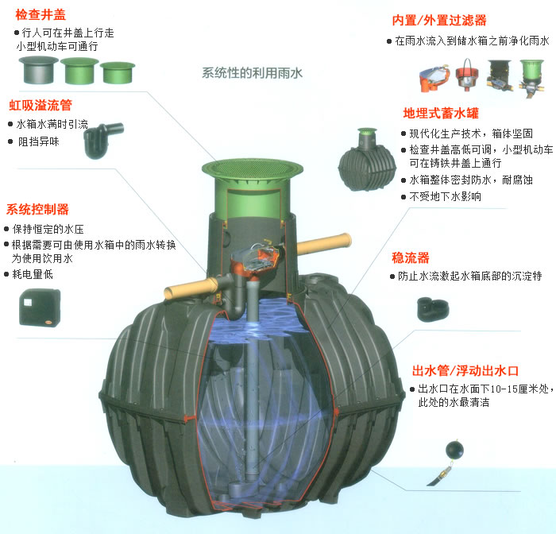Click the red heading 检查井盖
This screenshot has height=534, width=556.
coord(41,15)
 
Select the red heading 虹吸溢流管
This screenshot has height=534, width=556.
coord(41,105)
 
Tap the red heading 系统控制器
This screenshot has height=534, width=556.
coord(37,209)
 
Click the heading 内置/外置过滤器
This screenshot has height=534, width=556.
coord(439,20)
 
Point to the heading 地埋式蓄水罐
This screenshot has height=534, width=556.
coord(441,113)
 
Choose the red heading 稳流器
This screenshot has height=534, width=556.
coord(411,257)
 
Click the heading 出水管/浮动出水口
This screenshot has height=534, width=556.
coord(465,371)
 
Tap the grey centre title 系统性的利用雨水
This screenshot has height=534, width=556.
coord(252,73)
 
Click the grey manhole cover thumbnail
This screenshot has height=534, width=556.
coord(38,70)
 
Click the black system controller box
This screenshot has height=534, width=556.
coord(40,308)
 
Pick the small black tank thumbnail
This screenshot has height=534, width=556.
coord(367,161)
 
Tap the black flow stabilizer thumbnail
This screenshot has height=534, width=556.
coord(433,309)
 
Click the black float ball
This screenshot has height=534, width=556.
coord(454,450)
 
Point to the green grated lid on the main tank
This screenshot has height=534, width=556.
coord(253,168)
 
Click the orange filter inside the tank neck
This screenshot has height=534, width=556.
coord(257,260)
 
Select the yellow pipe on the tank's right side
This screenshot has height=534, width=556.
coord(323,244)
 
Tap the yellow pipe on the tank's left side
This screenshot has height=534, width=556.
coord(191,288)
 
